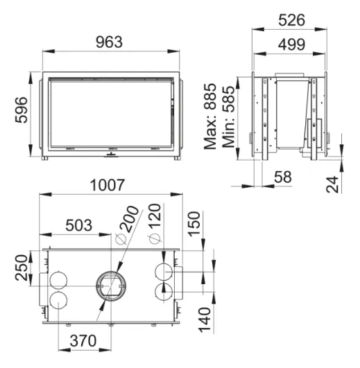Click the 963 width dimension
(x=109, y=42)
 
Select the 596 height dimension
(x=21, y=109)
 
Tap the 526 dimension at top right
(x=291, y=20)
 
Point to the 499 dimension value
(x=291, y=44)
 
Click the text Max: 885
(x=210, y=116)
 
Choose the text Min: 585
(x=228, y=116)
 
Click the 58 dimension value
(x=283, y=177)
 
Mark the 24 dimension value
(x=332, y=184)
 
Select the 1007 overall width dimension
(x=108, y=185)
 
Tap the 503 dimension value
(x=79, y=225)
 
